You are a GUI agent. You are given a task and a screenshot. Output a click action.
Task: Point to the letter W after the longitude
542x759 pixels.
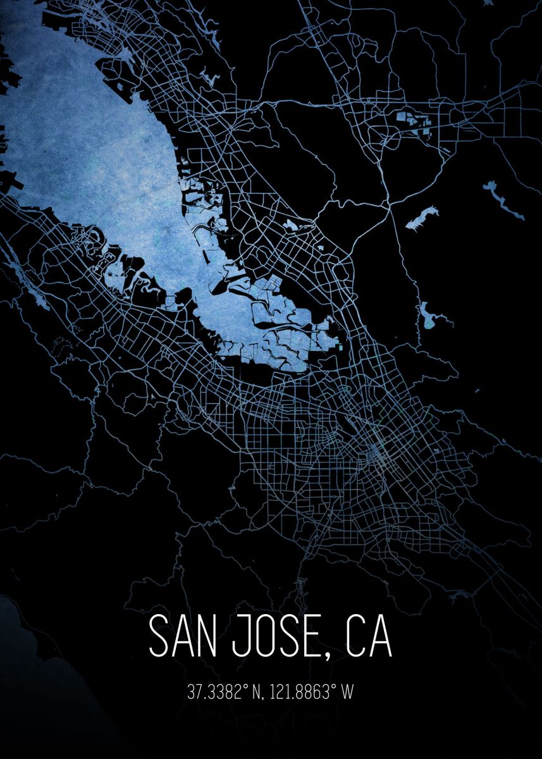click(x=347, y=692)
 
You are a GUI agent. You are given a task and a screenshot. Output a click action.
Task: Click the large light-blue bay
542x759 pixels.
click(x=95, y=158)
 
